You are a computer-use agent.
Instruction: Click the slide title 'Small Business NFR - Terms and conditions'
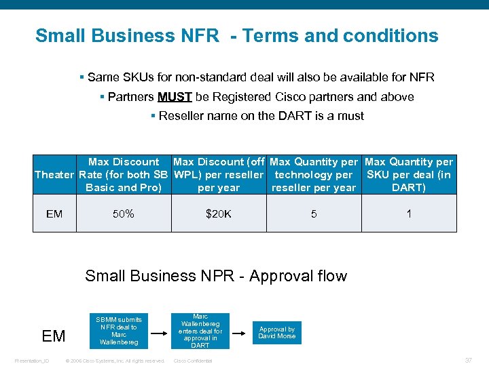pos(236,35)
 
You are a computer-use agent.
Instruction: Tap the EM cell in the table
pos(54,214)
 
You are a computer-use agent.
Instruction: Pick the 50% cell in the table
pos(124,214)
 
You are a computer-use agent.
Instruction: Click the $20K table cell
pos(218,214)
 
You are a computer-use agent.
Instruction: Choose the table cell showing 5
pos(313,214)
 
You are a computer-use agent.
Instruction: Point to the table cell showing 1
pos(408,214)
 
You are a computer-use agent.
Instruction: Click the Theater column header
pos(54,175)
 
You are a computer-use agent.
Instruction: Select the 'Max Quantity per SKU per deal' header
pos(408,175)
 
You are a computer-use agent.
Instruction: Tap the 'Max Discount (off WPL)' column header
pos(218,175)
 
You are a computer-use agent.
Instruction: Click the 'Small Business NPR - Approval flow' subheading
pos(215,276)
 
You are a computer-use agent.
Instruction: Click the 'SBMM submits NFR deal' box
pos(119,331)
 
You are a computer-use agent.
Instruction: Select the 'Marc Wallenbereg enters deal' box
pos(200,331)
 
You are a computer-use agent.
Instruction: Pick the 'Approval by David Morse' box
pos(277,332)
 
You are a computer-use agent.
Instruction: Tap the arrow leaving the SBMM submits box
pos(158,333)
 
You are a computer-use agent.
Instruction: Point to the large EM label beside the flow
pos(54,335)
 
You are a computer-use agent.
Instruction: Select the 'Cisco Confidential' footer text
pos(193,361)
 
